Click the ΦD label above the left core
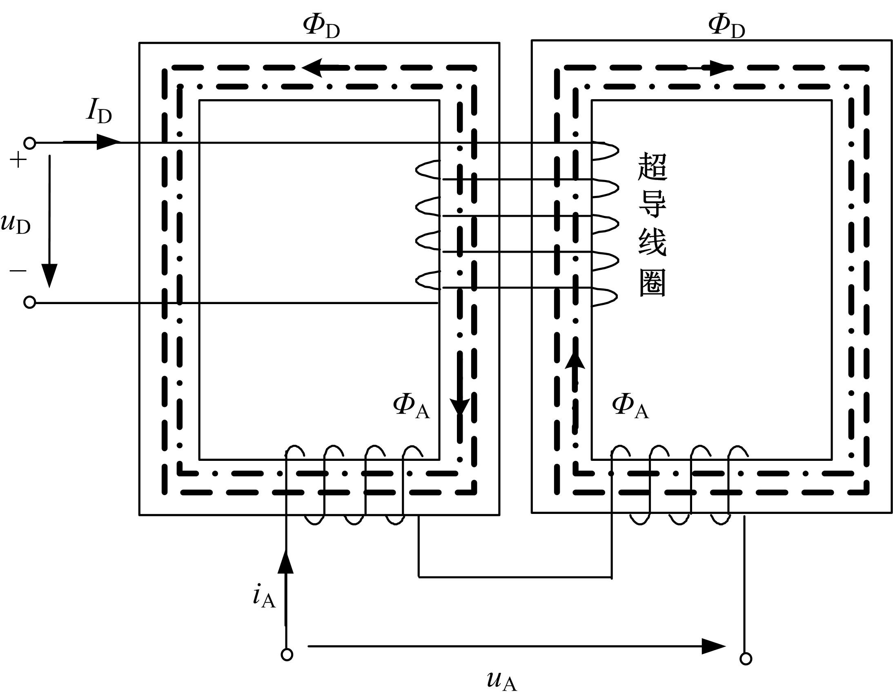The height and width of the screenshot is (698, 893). [x=321, y=27]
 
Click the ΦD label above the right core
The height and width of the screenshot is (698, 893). [x=726, y=27]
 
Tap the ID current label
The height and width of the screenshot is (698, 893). [x=99, y=111]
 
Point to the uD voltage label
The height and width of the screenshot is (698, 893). [x=16, y=224]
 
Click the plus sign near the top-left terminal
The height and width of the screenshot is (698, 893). [x=18, y=160]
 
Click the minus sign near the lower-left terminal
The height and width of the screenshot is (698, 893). [x=18, y=271]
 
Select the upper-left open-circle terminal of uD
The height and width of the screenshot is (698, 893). [x=29, y=143]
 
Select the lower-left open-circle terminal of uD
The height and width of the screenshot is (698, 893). [x=29, y=302]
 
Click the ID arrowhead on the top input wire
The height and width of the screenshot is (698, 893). [x=108, y=142]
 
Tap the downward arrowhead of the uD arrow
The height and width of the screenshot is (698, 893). [x=50, y=276]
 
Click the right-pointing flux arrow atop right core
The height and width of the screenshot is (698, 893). [x=719, y=68]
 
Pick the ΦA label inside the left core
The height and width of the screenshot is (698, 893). [x=411, y=406]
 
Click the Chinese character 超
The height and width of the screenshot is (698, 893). [x=652, y=167]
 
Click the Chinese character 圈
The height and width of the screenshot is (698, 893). [x=652, y=283]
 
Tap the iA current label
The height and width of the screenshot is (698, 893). [x=264, y=597]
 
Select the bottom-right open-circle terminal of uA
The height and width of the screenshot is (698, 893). [x=746, y=659]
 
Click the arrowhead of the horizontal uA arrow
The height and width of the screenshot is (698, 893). [x=713, y=646]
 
